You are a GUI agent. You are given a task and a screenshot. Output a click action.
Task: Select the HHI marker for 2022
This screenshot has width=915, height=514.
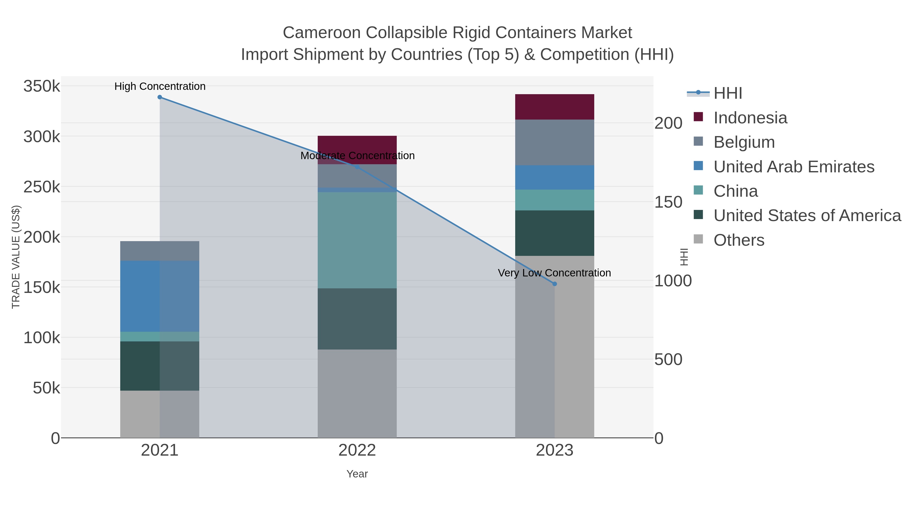pos(357,167)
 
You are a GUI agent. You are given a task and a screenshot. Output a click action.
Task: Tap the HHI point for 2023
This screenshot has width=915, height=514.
pos(555,284)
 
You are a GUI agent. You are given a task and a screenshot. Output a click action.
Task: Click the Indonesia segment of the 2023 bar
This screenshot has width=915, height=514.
pos(555,107)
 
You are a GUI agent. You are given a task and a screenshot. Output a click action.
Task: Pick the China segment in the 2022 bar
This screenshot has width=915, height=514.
pos(357,240)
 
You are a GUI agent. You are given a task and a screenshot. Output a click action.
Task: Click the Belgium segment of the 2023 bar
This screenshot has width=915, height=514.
pos(555,142)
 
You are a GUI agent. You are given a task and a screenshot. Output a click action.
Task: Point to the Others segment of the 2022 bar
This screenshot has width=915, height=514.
pos(357,393)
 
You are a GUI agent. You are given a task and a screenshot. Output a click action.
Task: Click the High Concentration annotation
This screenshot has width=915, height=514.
pos(160,87)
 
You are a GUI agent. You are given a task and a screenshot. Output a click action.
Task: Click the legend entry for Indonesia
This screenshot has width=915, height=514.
pos(750,118)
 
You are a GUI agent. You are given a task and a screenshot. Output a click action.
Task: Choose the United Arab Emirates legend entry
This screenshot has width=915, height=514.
pos(794,167)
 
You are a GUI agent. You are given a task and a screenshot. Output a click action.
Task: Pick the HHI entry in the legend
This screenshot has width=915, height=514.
pos(727,93)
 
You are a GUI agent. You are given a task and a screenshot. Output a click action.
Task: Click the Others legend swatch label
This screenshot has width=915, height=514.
pos(738,240)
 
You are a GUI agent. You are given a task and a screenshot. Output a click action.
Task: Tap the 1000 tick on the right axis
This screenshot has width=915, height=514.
pos(673,281)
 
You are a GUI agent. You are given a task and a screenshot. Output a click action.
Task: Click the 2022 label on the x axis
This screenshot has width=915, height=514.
pos(357,451)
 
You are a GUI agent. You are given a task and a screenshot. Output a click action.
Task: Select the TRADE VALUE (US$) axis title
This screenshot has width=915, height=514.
pos(16,257)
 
